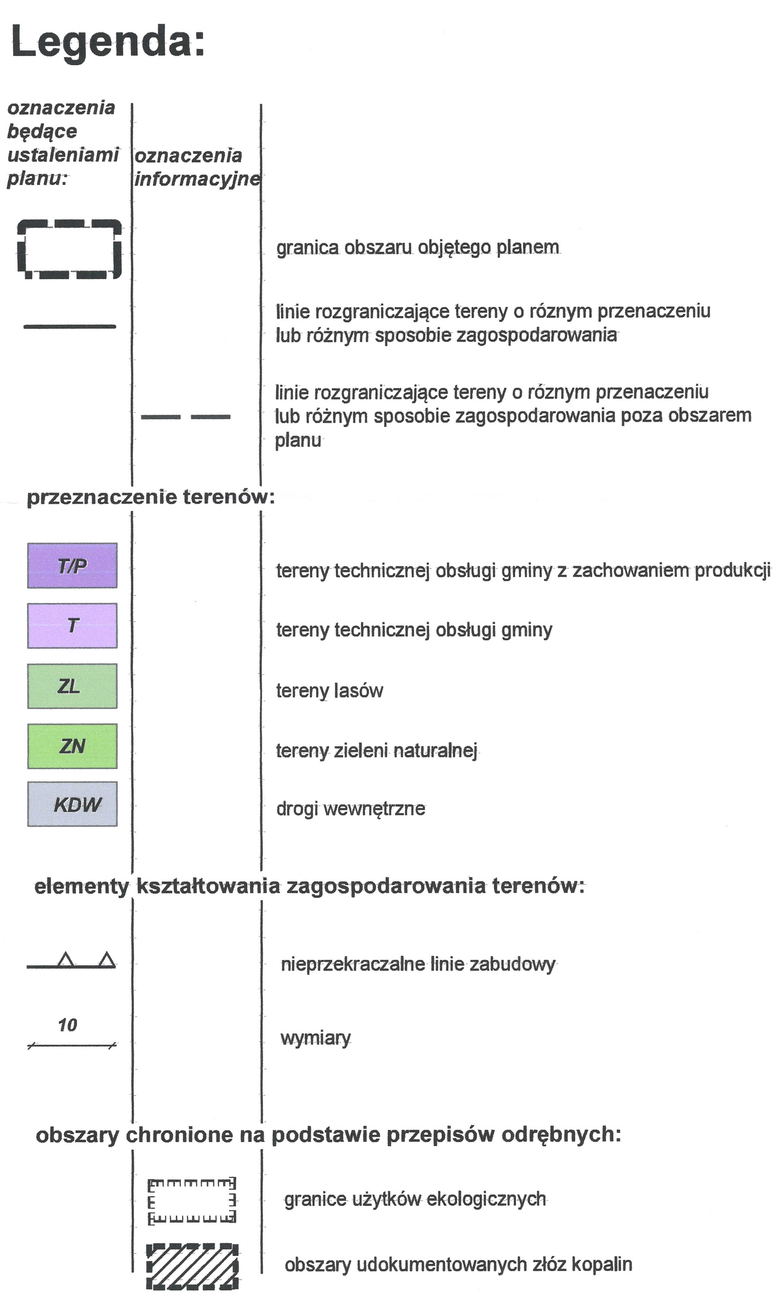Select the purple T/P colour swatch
72,565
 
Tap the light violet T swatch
72,625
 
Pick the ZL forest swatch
72,686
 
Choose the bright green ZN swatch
72,746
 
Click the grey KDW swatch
72,804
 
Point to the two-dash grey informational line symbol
185,417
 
